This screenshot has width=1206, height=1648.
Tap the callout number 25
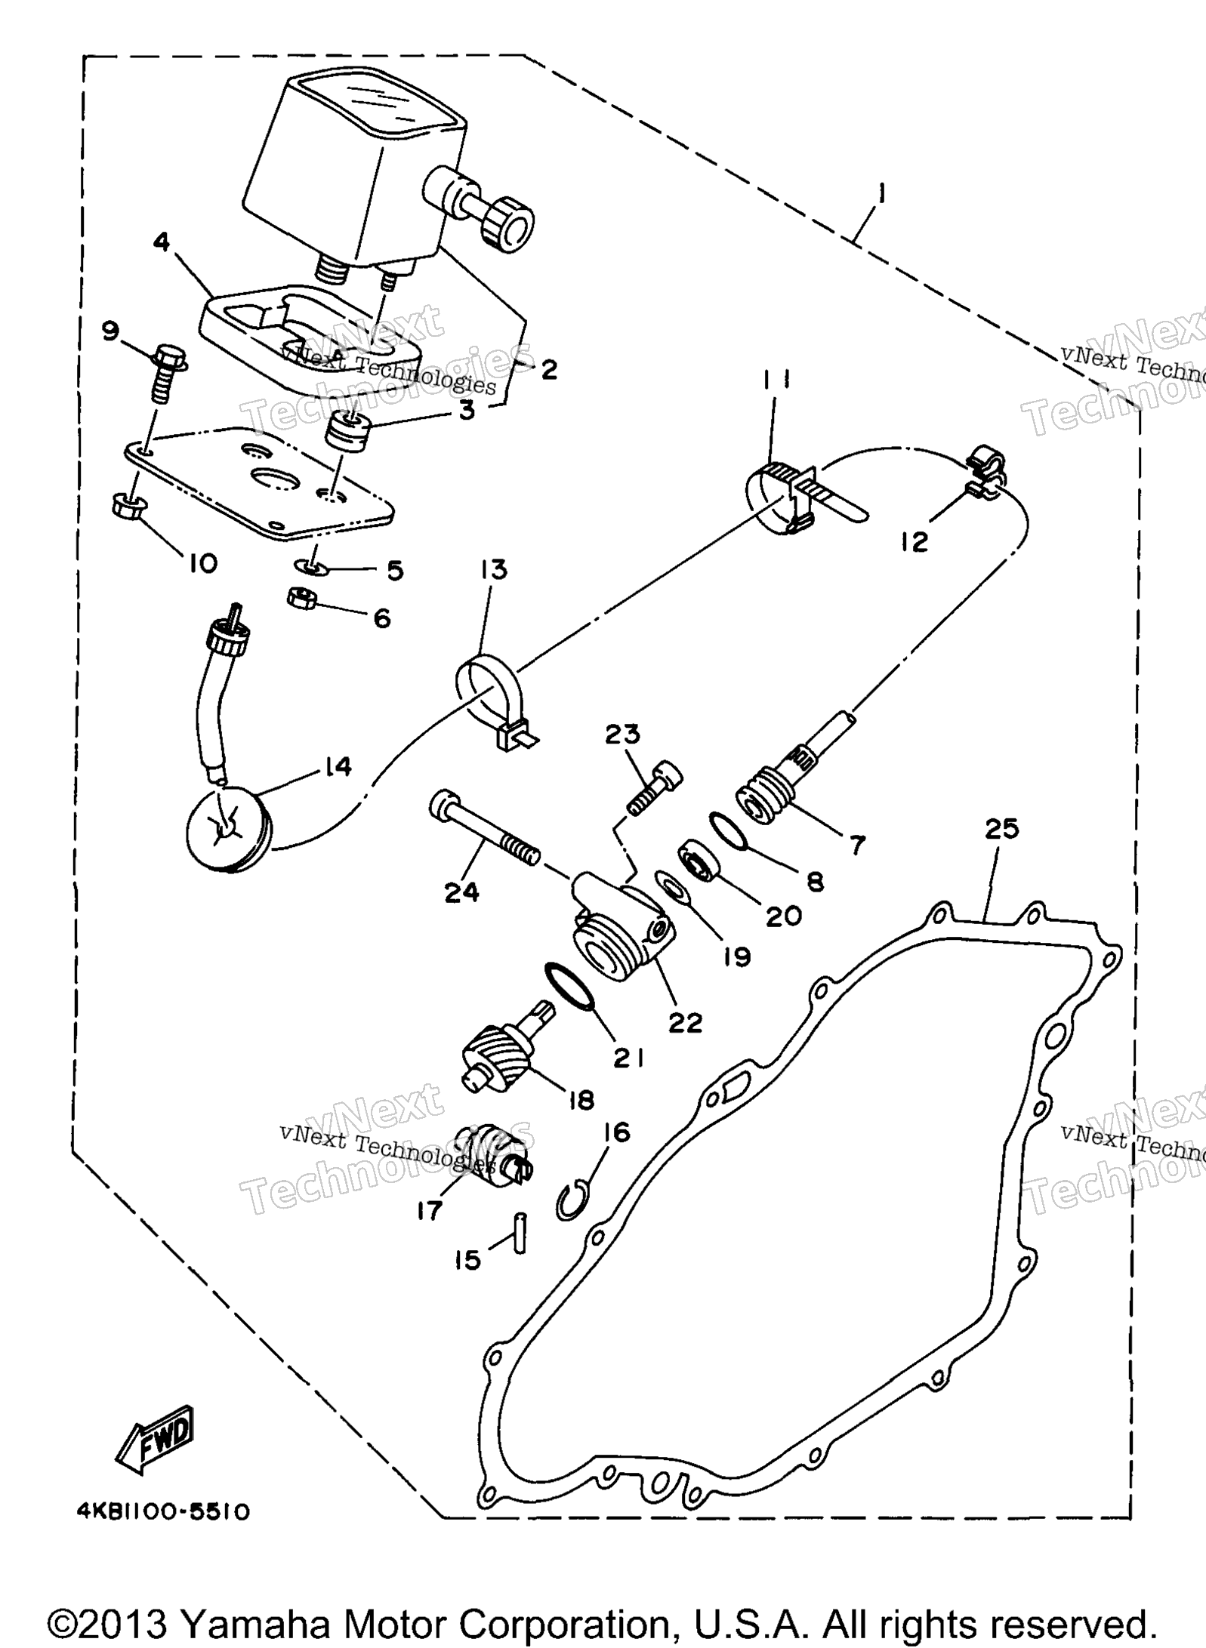(x=1002, y=829)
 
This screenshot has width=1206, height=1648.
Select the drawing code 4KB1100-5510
(x=162, y=1512)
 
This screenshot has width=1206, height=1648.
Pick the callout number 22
(x=685, y=1022)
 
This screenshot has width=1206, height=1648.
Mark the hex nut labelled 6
(x=301, y=598)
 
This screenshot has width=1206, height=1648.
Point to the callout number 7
(x=856, y=844)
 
